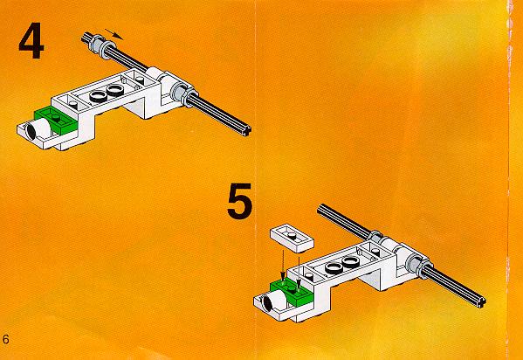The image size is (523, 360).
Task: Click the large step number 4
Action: tap(31, 41)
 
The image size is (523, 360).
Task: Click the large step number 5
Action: tap(239, 201)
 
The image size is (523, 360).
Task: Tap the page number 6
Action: tap(5, 339)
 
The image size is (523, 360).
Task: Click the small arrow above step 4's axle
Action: tap(114, 34)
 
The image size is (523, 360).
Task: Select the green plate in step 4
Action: tap(57, 121)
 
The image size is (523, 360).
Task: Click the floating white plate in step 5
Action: tap(292, 239)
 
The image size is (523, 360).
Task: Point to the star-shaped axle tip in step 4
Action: tap(247, 130)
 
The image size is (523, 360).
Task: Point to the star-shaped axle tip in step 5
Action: tap(482, 302)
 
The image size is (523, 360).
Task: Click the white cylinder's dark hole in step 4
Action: tap(31, 130)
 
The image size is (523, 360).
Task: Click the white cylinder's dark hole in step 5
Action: tap(267, 302)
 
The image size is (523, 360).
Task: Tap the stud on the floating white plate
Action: tap(292, 236)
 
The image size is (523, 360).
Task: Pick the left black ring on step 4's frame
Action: tap(99, 96)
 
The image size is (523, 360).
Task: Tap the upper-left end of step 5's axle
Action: tap(320, 209)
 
